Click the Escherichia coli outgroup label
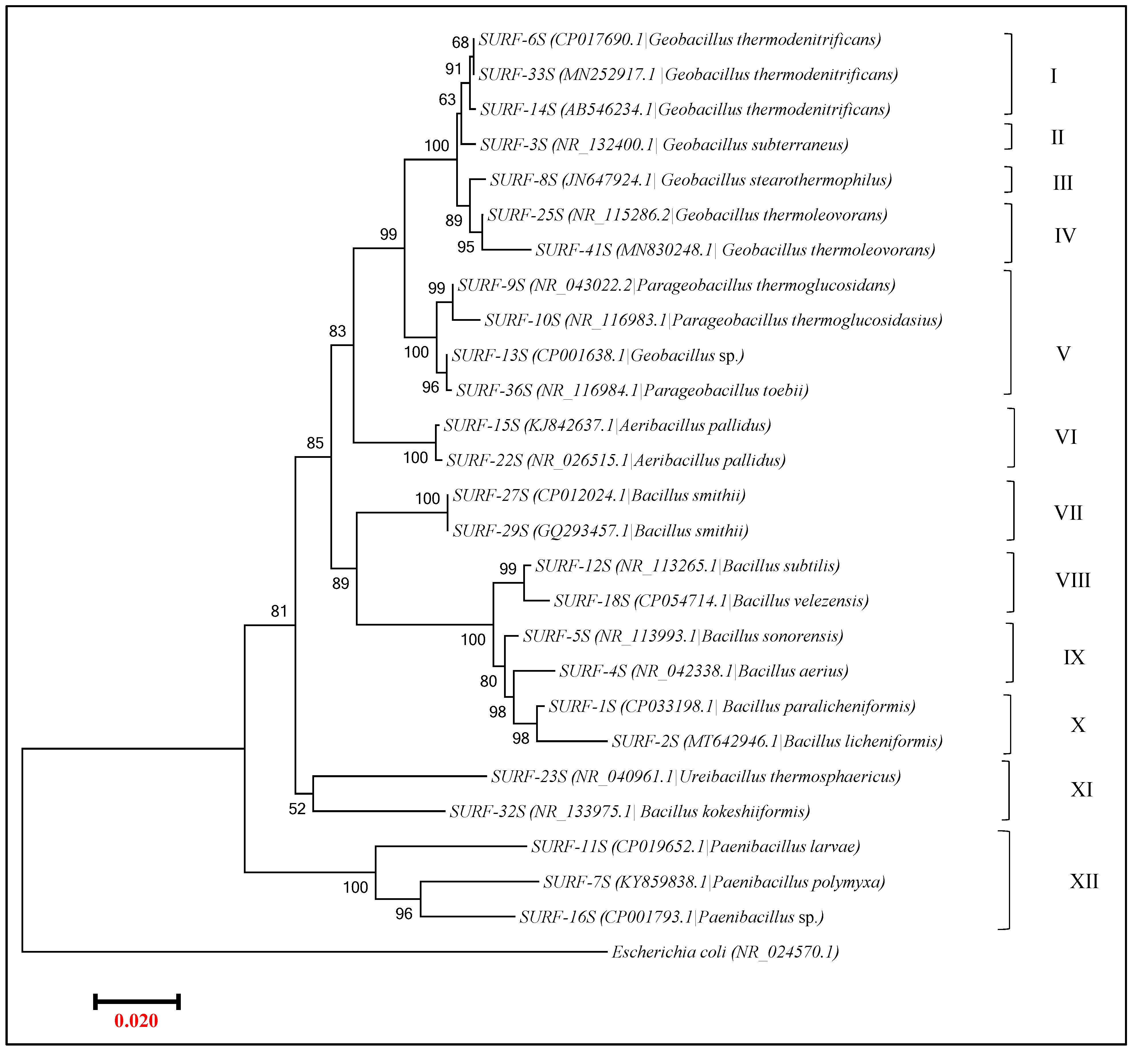tap(725, 952)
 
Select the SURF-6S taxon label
tap(679, 40)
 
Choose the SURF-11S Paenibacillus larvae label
tap(695, 847)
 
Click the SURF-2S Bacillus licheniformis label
tap(777, 742)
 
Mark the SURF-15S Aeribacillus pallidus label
tap(607, 425)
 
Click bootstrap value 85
tap(315, 443)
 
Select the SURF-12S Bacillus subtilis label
tap(687, 566)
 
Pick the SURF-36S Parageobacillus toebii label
tap(632, 391)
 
